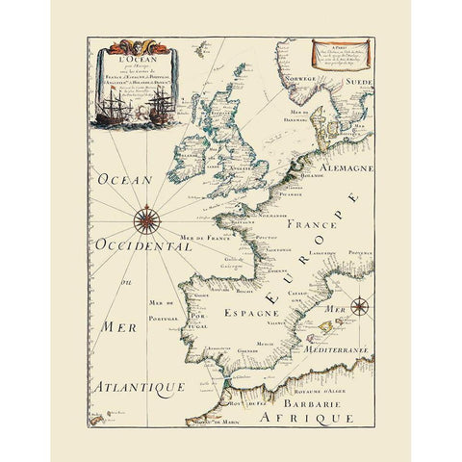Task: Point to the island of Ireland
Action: [x=191, y=152]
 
